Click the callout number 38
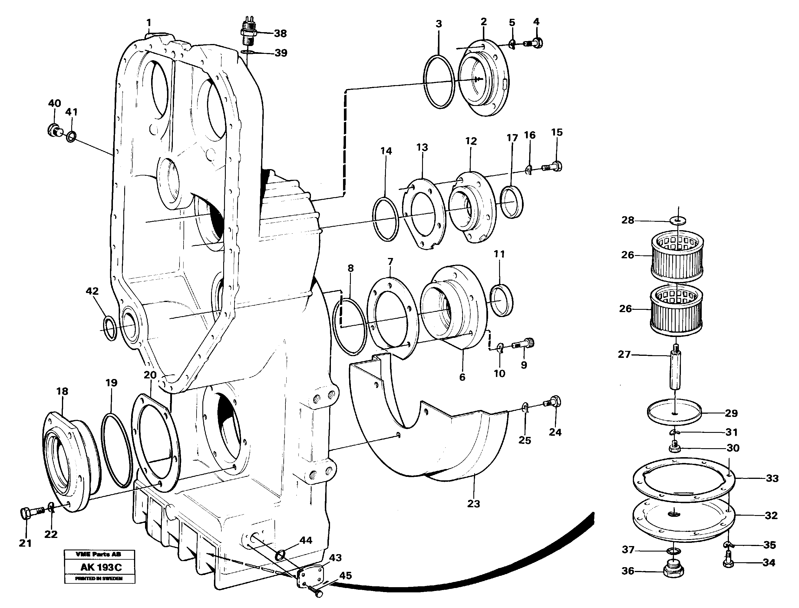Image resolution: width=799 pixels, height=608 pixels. pos(280,33)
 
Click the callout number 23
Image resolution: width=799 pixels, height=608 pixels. pos(473,503)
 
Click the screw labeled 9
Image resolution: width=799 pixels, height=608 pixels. pos(524,344)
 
